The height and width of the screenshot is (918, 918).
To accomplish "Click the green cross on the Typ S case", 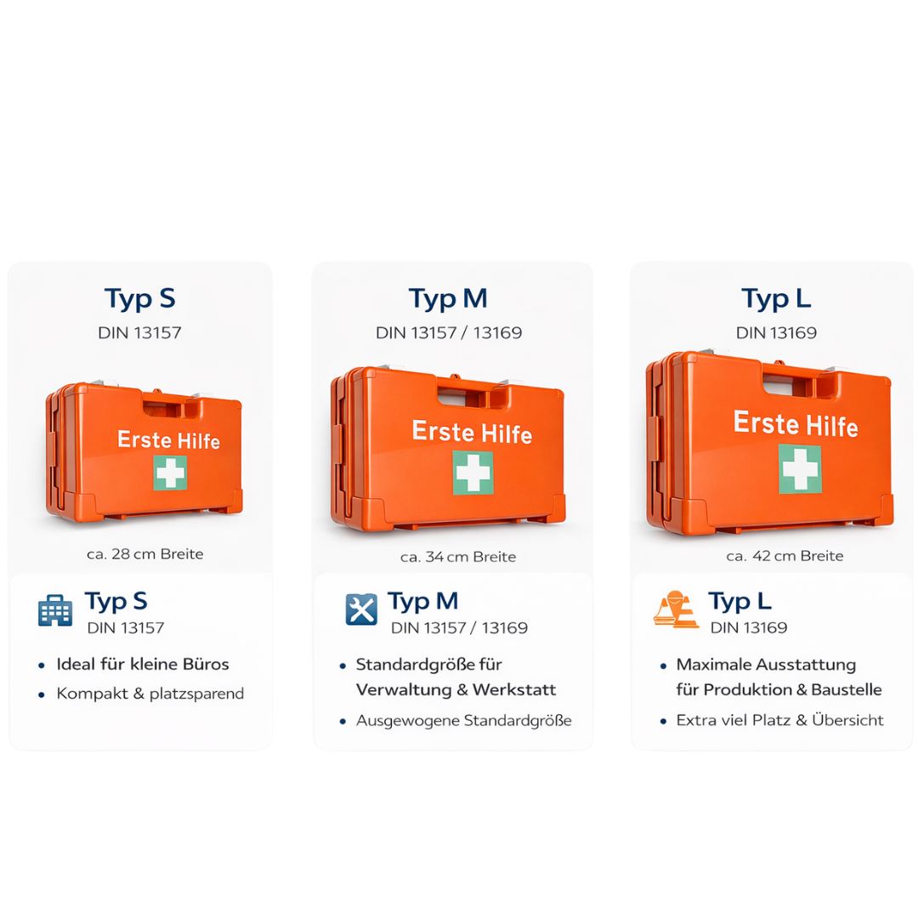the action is (x=170, y=473).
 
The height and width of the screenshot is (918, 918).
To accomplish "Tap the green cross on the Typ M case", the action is (x=473, y=473).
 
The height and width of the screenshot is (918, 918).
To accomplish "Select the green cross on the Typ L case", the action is (x=800, y=468).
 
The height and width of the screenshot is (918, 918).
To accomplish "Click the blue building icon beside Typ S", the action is (x=55, y=610).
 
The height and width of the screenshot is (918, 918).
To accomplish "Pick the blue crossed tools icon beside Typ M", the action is (x=361, y=609).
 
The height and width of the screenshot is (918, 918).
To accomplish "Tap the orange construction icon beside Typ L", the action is (x=677, y=609).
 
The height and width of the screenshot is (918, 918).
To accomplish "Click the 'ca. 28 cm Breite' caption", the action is (x=145, y=554).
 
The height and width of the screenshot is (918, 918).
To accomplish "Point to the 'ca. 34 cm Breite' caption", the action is (x=458, y=557).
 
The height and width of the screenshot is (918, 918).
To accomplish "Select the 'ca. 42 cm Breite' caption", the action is (x=785, y=556).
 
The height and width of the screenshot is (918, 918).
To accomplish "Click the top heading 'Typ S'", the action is (x=140, y=299).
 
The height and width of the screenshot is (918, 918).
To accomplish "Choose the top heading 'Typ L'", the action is (x=776, y=299).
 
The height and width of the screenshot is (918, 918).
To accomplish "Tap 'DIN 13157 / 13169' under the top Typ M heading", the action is (x=449, y=332).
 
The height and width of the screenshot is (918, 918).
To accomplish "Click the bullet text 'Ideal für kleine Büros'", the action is (x=142, y=664).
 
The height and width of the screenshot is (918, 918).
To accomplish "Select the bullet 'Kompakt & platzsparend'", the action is (x=150, y=694).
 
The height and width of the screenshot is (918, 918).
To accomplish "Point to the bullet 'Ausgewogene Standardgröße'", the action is (x=464, y=721).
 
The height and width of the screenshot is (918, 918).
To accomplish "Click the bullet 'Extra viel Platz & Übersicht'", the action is (x=779, y=720).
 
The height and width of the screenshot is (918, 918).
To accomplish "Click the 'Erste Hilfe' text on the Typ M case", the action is (x=472, y=432).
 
